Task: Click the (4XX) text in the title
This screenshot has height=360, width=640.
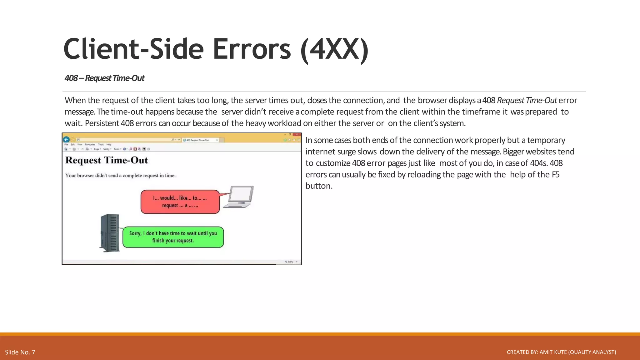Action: point(334,49)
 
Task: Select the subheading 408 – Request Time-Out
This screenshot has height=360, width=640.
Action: point(104,78)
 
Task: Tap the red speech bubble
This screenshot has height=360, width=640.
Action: point(180,202)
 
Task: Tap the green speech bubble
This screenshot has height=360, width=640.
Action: point(173,237)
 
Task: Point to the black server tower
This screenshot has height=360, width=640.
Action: point(110,233)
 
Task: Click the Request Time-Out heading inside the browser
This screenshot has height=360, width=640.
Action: point(107,160)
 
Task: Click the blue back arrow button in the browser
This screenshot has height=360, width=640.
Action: point(66,139)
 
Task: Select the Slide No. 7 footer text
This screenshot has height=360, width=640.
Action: point(20,352)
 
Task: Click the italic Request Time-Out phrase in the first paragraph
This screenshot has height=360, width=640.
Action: point(527,100)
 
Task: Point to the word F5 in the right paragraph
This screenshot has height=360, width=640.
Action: point(555,174)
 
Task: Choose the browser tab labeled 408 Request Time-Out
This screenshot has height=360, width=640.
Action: point(199,140)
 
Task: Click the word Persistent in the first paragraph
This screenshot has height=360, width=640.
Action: point(102,123)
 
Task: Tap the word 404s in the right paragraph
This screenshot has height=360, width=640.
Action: point(538,163)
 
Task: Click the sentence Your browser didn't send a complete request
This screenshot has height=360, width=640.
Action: point(120,176)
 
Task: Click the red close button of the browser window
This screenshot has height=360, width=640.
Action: point(297,135)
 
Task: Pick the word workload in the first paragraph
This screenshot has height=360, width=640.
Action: point(284,123)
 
